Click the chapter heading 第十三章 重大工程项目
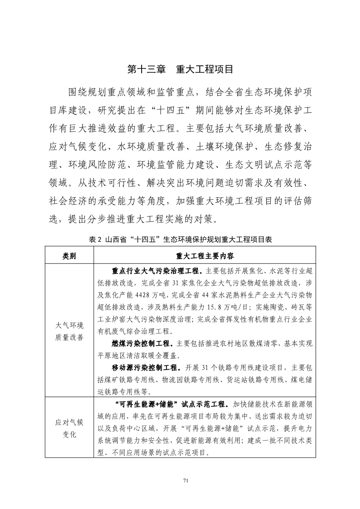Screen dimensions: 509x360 (180, 69)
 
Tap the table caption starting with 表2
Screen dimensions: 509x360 (180, 239)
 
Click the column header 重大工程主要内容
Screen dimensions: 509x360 (205, 256)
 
